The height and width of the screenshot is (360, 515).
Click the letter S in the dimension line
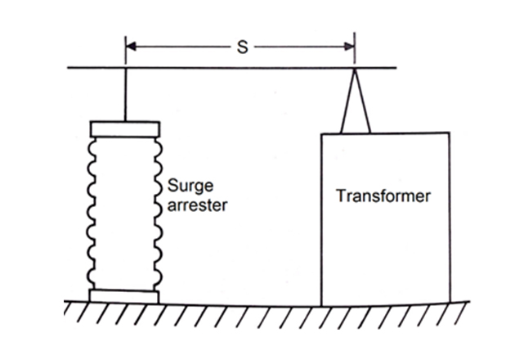tap(241, 47)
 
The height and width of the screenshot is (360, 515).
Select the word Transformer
tap(383, 196)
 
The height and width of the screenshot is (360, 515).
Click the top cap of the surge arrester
tap(125, 128)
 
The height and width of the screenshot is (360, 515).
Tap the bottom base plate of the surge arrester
tap(125, 296)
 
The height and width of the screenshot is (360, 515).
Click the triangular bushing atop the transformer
tap(355, 106)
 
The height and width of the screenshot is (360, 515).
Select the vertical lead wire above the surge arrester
tap(125, 94)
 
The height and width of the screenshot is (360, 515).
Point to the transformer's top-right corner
tap(448, 133)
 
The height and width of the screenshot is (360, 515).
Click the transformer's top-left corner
tap(321, 133)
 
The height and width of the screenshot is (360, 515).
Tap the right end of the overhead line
tap(397, 68)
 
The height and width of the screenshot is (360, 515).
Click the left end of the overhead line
tap(67, 68)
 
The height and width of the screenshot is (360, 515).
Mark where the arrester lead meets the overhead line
tap(125, 68)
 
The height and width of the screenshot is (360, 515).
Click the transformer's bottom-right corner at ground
tap(448, 304)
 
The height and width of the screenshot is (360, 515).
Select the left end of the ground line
tap(65, 304)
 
